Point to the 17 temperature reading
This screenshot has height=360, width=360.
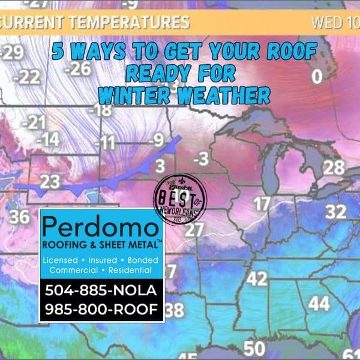(261, 204)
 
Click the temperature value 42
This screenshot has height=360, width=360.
(257, 279)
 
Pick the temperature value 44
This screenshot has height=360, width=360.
(319, 304)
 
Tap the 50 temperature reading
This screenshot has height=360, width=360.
(254, 348)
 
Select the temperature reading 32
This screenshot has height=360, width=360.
(336, 211)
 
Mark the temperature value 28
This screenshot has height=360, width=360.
(334, 167)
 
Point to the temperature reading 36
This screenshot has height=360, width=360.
(19, 217)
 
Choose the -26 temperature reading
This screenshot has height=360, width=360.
(77, 68)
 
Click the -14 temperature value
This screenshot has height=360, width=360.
(46, 140)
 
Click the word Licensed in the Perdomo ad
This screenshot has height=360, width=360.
(61, 260)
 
